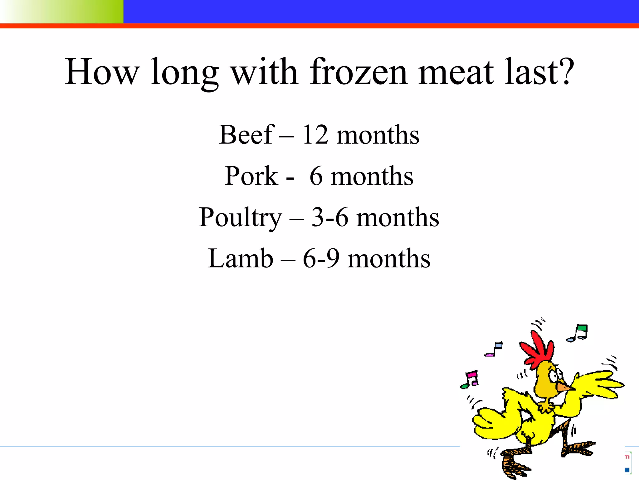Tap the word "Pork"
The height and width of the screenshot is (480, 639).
pyautogui.click(x=251, y=176)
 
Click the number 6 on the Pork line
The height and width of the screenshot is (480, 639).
pyautogui.click(x=316, y=176)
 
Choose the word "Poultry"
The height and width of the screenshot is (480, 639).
pyautogui.click(x=241, y=218)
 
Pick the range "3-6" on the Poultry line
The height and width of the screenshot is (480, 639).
pyautogui.click(x=330, y=217)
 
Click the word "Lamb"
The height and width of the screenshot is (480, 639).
pyautogui.click(x=241, y=258)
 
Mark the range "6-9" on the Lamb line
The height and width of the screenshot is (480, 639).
pyautogui.click(x=321, y=258)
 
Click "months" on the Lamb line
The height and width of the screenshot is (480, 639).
pyautogui.click(x=389, y=258)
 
